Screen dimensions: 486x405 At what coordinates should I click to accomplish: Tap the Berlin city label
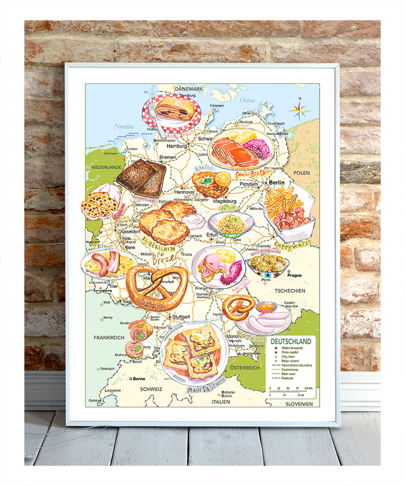[276, 183]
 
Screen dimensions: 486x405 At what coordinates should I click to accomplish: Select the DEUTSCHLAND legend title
[291, 341]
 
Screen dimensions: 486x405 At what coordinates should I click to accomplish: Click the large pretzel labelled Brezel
[156, 287]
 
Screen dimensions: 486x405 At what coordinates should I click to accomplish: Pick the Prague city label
[294, 275]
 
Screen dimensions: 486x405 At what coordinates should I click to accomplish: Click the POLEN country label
[301, 173]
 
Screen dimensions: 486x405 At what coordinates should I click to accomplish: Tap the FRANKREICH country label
[109, 337]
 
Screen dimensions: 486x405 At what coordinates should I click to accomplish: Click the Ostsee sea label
[248, 100]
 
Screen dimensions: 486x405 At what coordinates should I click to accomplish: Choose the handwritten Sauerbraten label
[253, 174]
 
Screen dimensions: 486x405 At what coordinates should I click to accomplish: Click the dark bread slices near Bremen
[142, 179]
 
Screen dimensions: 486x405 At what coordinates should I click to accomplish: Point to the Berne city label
[138, 378]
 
